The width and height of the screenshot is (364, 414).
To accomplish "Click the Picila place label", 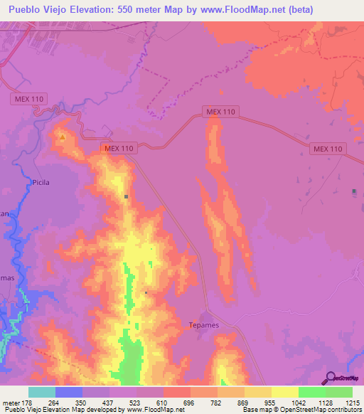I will [41, 182].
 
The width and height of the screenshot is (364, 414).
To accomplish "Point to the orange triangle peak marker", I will [63, 137].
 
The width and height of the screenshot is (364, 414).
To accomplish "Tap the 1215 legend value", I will [353, 403].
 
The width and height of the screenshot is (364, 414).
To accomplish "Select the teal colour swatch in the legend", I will [41, 392].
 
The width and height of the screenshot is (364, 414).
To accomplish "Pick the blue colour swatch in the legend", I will [68, 392].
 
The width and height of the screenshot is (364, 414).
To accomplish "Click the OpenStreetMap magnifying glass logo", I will [329, 378].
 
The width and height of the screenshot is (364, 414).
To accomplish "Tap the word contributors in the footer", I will [343, 410].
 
